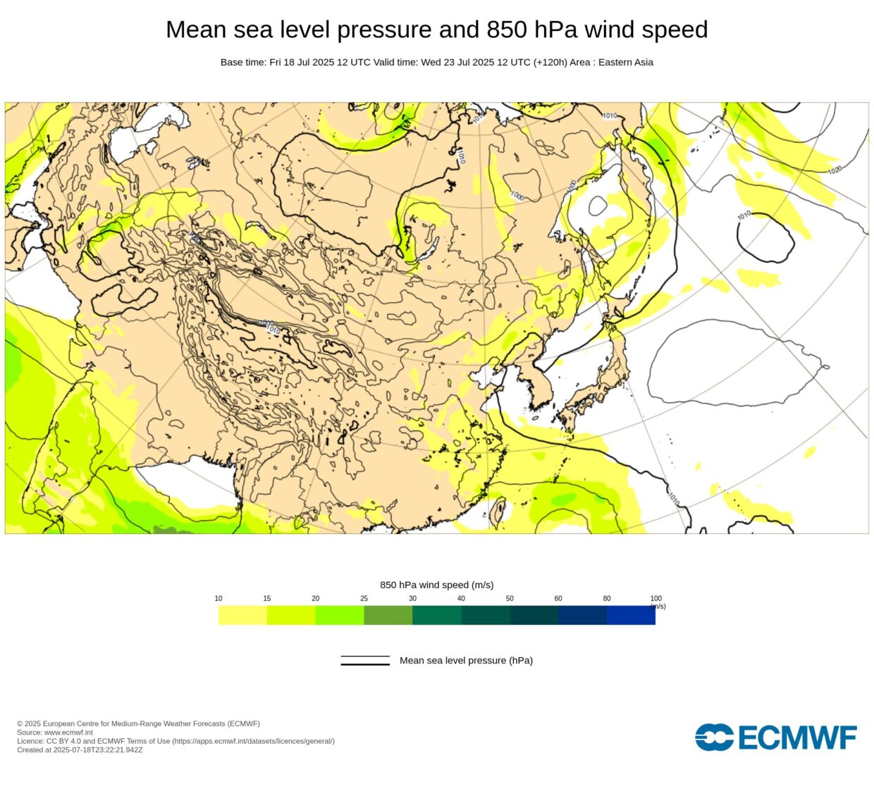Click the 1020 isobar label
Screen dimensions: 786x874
point(835,170)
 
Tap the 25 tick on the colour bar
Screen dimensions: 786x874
point(364,599)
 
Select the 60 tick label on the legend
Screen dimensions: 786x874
point(558,599)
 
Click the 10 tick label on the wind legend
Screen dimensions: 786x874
point(218,599)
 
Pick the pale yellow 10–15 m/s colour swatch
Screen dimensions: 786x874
point(242,616)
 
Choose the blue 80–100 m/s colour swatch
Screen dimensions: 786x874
point(631,616)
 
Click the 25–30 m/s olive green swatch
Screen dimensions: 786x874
point(388,616)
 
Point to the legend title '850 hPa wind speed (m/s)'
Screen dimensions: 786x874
point(436,585)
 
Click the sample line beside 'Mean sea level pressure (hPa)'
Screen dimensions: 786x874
point(365,661)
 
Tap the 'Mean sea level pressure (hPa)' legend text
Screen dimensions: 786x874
point(466,661)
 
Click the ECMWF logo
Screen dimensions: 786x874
point(776,737)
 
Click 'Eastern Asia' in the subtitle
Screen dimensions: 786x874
point(626,62)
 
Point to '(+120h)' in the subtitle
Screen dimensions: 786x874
point(550,62)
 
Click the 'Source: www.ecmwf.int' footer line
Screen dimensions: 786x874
point(55,732)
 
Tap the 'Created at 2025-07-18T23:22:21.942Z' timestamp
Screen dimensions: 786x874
point(80,750)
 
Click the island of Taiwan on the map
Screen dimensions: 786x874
point(497,513)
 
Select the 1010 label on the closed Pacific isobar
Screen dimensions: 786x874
point(744,215)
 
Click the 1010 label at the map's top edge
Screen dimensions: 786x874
point(610,115)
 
